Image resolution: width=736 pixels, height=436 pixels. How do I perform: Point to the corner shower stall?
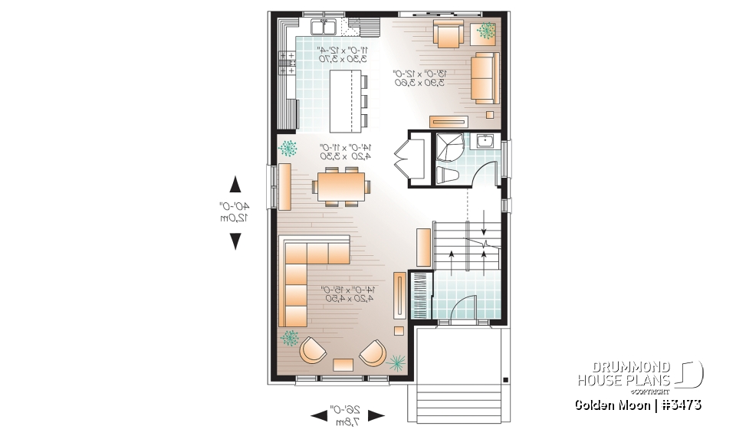pos(448,146)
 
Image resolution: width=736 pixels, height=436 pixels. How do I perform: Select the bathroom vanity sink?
pos(485,140)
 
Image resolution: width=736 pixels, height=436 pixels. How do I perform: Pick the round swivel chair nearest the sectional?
pos(311,350)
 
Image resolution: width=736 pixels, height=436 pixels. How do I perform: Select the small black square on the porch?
pos(505,379)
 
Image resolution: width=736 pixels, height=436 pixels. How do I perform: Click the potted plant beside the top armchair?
pos(487,31)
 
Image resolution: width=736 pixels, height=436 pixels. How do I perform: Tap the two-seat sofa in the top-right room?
pos(484,77)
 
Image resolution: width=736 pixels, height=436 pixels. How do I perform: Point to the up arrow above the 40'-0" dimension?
pos(235,185)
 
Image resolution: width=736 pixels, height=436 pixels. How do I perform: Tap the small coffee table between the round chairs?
pos(343,364)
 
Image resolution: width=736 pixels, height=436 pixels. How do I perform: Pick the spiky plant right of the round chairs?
pos(397,362)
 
